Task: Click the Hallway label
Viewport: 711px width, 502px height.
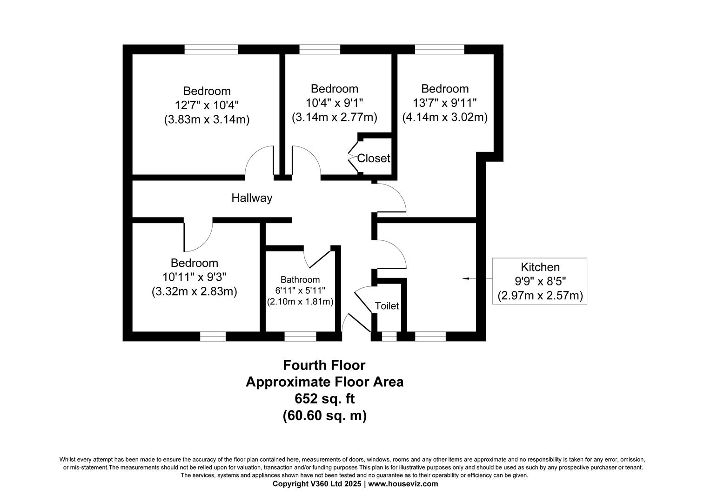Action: tap(252, 198)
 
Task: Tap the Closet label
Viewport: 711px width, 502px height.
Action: tap(374, 158)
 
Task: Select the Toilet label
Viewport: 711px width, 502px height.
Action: tap(387, 306)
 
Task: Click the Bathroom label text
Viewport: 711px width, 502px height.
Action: tap(300, 280)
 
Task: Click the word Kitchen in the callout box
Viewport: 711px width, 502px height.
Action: tap(540, 267)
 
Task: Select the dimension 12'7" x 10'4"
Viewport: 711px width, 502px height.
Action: tap(207, 105)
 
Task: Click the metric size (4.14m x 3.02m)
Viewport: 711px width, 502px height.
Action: tap(445, 117)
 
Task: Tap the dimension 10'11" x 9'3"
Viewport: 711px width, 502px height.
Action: tap(194, 277)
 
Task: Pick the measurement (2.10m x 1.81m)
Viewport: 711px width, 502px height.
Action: tap(300, 302)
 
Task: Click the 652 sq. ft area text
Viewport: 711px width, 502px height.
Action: tap(324, 399)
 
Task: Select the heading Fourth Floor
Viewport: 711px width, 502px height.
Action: tap(324, 365)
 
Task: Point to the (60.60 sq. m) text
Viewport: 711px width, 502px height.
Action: tap(325, 416)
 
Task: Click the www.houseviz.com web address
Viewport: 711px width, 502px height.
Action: tap(403, 483)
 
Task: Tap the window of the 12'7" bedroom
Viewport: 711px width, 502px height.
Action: tap(211, 49)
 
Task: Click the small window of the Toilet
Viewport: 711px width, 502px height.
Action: tap(389, 337)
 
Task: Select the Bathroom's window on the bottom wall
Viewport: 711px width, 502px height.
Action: tap(300, 337)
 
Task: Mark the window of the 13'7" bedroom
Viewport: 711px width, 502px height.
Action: tap(440, 49)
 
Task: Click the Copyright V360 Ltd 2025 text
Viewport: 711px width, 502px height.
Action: tap(317, 483)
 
